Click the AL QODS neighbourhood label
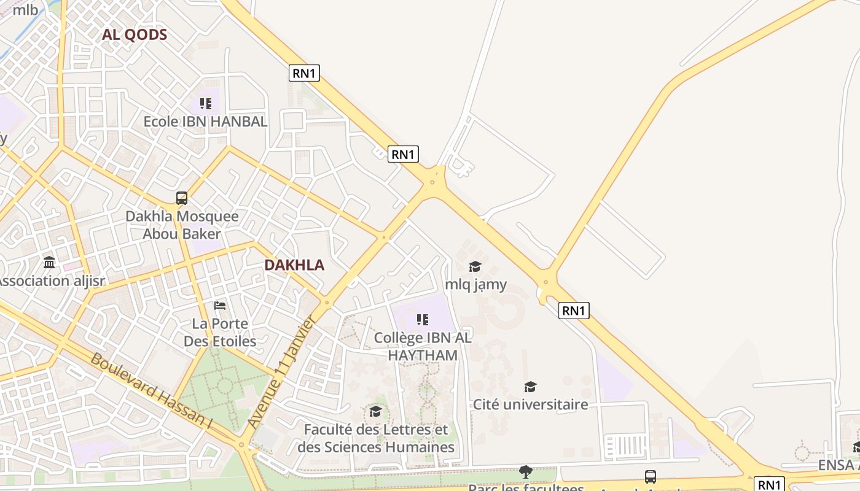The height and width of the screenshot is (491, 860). (135, 34)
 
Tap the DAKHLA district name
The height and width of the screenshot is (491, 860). (294, 265)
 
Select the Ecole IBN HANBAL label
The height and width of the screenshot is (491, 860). (205, 122)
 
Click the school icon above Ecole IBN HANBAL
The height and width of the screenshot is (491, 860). (205, 104)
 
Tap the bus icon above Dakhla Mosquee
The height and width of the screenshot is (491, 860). (182, 198)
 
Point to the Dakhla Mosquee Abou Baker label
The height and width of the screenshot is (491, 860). (182, 225)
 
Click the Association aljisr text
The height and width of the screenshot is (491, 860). (52, 281)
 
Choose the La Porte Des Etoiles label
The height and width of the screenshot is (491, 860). (220, 332)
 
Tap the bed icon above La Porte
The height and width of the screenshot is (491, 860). (220, 306)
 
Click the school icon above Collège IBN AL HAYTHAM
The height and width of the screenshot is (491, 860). (422, 319)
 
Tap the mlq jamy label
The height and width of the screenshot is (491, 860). (476, 284)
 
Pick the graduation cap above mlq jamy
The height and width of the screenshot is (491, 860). (475, 266)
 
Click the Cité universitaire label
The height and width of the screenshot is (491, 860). (530, 404)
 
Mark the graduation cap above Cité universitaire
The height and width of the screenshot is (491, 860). (530, 387)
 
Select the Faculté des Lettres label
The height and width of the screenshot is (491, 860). (376, 438)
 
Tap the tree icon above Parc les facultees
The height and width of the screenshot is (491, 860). (525, 471)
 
